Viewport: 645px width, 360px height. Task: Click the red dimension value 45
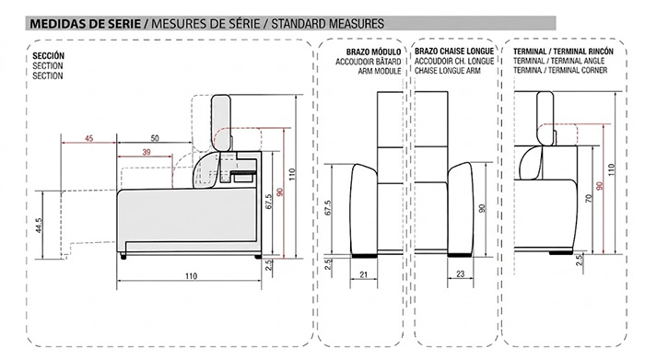[x=88, y=138]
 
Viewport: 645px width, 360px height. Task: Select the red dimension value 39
[x=147, y=152]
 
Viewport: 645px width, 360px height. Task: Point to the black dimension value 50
[x=155, y=138]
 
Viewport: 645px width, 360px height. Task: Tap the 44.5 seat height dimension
[x=39, y=226]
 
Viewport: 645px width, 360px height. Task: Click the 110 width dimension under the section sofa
[x=191, y=276]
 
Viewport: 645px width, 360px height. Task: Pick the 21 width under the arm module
[x=363, y=274]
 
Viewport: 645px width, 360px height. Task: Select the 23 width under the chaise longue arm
[x=461, y=273]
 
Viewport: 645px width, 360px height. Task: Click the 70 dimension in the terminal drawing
[x=588, y=199]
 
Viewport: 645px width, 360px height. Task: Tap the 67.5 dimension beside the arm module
[x=328, y=207]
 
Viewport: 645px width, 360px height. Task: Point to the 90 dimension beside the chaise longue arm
[x=482, y=208]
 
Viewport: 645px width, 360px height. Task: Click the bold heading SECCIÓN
[x=48, y=56]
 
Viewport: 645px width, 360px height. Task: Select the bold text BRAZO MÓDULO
[x=373, y=52]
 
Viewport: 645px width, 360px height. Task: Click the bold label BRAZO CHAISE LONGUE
[x=454, y=52]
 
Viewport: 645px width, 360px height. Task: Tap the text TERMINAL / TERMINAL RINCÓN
[x=563, y=52]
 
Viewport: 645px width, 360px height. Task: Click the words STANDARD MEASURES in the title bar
[x=327, y=23]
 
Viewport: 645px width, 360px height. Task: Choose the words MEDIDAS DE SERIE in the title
[x=85, y=23]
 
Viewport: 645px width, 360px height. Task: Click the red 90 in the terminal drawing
[x=600, y=186]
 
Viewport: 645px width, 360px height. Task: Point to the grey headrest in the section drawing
[x=221, y=122]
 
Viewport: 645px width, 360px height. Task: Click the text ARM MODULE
[x=380, y=71]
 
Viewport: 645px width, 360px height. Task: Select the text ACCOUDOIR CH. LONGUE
[x=454, y=62]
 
